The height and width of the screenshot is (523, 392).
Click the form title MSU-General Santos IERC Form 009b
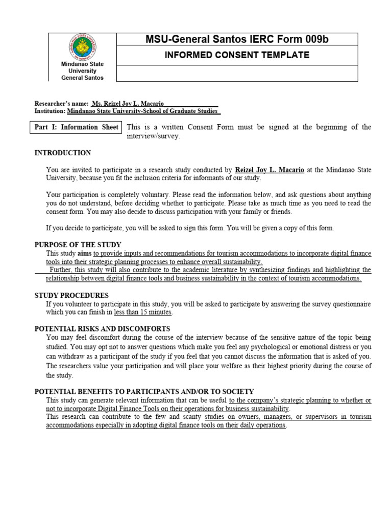[x=237, y=39]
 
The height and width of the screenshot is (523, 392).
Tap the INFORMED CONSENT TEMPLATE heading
[x=237, y=55]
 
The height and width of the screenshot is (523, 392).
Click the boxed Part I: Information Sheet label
[x=77, y=127]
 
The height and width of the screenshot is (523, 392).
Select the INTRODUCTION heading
[x=62, y=153]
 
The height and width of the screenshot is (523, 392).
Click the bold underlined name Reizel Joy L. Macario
[x=269, y=170]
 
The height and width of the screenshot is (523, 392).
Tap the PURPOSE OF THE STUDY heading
[x=78, y=245]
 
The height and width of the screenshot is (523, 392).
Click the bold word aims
[x=84, y=253]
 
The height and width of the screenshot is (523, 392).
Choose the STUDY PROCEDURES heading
[x=71, y=295]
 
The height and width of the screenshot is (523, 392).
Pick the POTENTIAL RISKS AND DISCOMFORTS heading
[x=102, y=328]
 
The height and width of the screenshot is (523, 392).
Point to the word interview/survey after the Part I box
[x=153, y=136]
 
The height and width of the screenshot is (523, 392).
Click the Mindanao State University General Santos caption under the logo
[x=82, y=71]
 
